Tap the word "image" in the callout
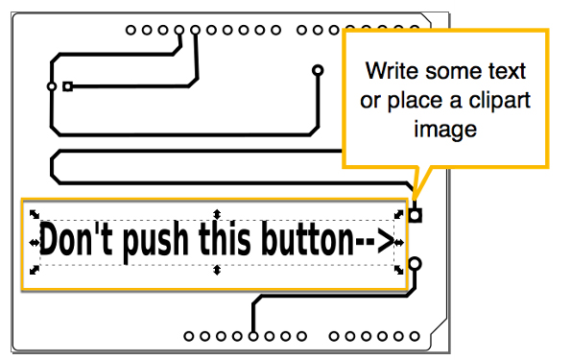tap(445, 129)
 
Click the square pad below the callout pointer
tap(416, 213)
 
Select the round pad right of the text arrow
tap(416, 262)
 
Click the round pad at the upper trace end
tap(319, 71)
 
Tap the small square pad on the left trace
tap(67, 86)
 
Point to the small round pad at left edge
tap(51, 86)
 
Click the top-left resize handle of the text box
tap(34, 214)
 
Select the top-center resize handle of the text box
tap(217, 213)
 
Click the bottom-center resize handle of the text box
tap(217, 271)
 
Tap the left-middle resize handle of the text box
tap(35, 243)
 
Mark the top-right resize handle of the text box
tap(400, 214)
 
